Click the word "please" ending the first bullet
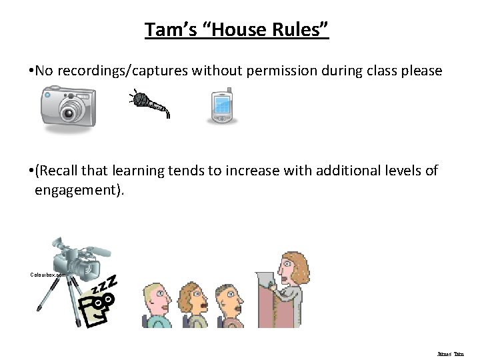pos(420,71)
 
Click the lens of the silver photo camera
pos(69,111)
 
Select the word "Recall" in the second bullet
pos(61,171)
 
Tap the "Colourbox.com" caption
pos(48,275)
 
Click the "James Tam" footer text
pos(451,354)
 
